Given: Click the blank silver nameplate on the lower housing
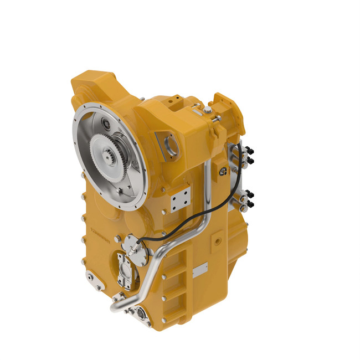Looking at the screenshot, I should pos(200,272).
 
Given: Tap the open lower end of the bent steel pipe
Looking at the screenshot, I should pos(114,306).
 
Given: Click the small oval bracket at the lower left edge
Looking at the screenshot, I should pos(99,287).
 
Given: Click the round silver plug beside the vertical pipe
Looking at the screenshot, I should pos(223,172).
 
